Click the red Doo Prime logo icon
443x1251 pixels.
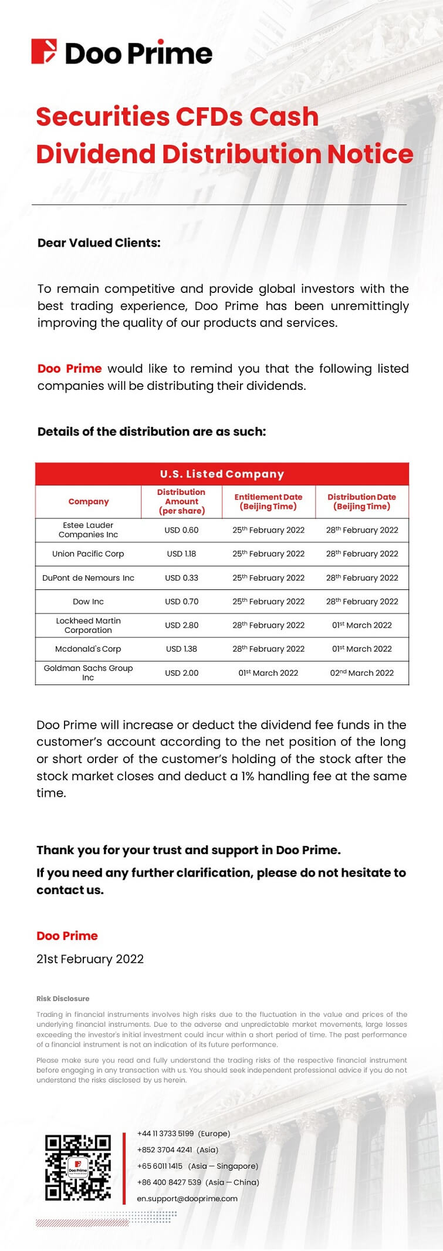(43, 52)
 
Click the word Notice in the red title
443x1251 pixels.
(370, 154)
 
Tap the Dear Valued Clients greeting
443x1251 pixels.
(99, 242)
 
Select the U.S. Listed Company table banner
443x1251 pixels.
(222, 474)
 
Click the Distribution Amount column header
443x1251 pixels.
(181, 501)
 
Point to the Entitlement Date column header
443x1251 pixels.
(268, 501)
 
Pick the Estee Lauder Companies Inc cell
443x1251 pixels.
(88, 530)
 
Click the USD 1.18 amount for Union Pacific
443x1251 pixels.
(181, 554)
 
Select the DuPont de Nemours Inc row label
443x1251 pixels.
(88, 578)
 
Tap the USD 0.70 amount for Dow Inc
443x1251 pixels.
(181, 601)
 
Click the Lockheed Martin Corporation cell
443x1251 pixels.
(88, 625)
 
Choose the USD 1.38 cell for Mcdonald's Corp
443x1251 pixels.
(181, 649)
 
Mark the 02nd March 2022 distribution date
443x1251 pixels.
(361, 673)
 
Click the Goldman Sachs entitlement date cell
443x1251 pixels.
(268, 673)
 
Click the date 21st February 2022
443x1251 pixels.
(90, 959)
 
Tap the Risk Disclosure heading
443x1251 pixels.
(63, 998)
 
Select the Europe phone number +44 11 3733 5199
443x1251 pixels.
(165, 1133)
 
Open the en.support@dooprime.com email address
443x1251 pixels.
(187, 1198)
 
